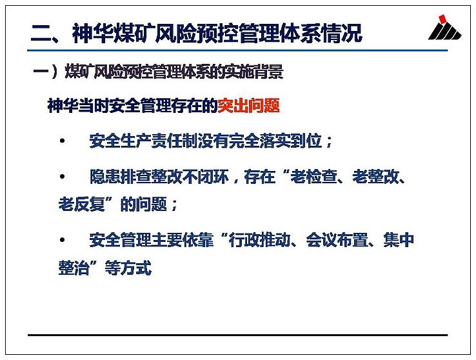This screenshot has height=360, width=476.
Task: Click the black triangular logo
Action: (x=445, y=31)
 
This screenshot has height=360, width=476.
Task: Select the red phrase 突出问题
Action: (x=248, y=106)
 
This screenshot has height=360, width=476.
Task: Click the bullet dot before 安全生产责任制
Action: (x=63, y=141)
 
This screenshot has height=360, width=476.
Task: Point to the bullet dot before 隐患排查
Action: (x=63, y=176)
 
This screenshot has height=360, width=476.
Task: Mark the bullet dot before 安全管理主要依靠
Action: (x=63, y=240)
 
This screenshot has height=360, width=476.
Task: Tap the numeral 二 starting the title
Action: (x=41, y=34)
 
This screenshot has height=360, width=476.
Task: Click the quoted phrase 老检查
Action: (x=314, y=176)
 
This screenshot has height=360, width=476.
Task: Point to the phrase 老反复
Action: (x=82, y=204)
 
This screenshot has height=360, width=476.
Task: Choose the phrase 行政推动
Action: (x=259, y=240)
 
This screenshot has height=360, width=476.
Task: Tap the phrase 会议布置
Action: (x=337, y=240)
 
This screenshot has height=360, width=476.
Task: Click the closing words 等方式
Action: (x=128, y=268)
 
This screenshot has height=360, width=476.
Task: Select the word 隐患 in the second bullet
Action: (x=105, y=176)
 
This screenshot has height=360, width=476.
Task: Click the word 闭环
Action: (x=213, y=176)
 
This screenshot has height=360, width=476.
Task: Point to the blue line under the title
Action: (x=237, y=50)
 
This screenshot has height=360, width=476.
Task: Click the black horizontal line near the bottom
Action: (x=238, y=335)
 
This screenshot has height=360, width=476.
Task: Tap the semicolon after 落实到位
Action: (x=329, y=143)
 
